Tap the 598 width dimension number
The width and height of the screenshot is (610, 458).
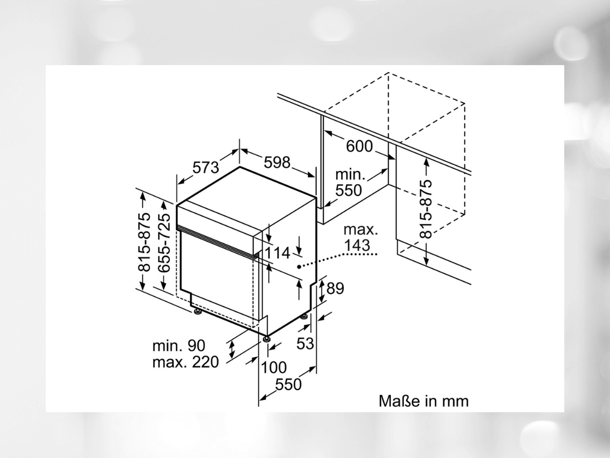tap(277, 162)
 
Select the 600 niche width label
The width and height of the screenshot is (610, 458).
tap(359, 146)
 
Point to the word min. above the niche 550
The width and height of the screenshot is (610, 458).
tap(350, 175)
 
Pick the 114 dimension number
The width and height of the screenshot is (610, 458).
tap(278, 253)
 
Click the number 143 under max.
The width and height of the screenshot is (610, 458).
tap(357, 245)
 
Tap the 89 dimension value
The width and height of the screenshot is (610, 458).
tap(335, 289)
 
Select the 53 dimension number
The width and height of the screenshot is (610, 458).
tap(305, 343)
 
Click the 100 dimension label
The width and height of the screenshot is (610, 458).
tap(274, 367)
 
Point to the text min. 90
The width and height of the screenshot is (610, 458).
tap(179, 346)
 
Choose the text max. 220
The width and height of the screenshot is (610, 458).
tap(186, 362)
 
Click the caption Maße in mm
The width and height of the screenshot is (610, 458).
tap(423, 402)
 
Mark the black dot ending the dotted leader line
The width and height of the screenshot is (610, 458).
tap(299, 267)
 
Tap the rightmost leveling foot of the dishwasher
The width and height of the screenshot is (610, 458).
tap(304, 317)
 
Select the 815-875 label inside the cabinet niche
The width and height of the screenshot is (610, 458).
tap(426, 209)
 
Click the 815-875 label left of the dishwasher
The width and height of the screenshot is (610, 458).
tap(144, 242)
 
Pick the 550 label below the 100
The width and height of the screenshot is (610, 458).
tap(288, 385)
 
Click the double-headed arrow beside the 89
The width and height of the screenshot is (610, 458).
tap(322, 291)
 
